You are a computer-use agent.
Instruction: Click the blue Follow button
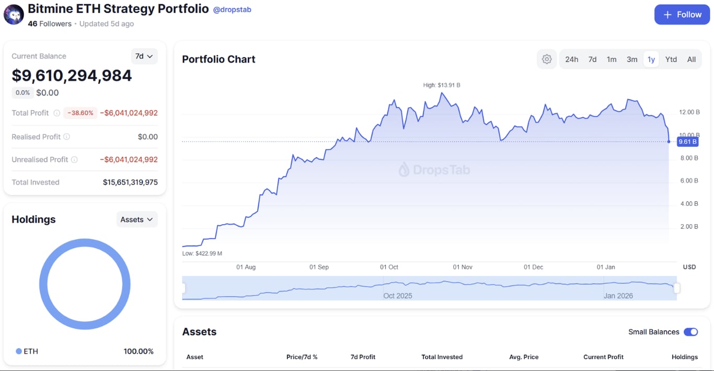point(682,15)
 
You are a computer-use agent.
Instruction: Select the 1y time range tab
point(651,60)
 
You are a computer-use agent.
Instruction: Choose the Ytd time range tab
point(671,60)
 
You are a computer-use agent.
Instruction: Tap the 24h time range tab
point(571,60)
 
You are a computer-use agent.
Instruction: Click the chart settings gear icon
point(547,60)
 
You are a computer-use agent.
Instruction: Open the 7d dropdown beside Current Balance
point(144,56)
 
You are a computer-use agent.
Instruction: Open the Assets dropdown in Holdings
point(137,219)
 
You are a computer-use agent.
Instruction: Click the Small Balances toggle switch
point(690,332)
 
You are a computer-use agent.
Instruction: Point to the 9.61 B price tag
point(687,142)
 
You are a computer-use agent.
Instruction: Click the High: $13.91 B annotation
point(442,85)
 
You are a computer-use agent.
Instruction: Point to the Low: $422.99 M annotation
point(202,253)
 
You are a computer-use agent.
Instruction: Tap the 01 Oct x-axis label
point(389,267)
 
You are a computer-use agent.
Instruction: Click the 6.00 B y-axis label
point(689,181)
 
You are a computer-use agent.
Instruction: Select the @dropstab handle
point(232,9)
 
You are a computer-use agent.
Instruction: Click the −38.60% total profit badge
point(80,113)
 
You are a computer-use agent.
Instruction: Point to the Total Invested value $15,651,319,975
point(130,182)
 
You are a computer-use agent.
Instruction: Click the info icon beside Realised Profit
point(66,137)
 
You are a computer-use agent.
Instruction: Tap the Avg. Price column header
point(524,357)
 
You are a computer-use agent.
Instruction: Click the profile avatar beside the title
point(14,15)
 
